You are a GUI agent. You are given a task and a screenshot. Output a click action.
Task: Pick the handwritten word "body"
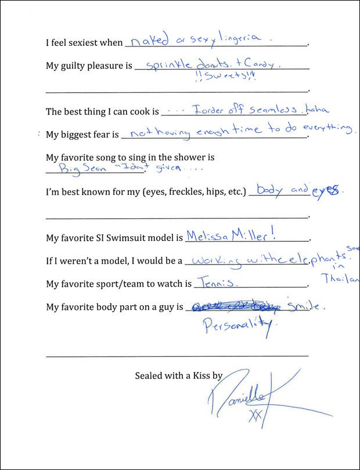click(269, 191)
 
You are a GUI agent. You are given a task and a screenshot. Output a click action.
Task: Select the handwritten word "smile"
click(301, 306)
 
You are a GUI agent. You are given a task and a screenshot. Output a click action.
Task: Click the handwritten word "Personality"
click(238, 328)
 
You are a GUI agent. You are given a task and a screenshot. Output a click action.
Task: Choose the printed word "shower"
click(193, 157)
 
